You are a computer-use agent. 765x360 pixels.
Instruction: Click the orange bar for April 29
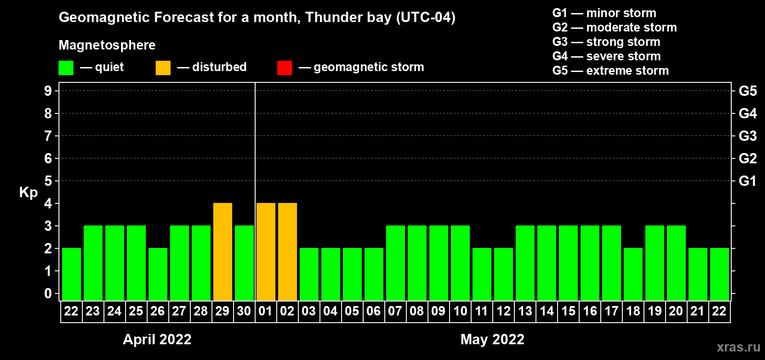(x=222, y=252)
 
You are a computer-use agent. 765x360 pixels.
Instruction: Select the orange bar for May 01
(x=265, y=252)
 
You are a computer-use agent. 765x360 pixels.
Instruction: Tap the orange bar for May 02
(x=287, y=252)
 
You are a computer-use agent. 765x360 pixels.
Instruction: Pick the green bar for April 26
(x=157, y=274)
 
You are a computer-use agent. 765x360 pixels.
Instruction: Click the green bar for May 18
(x=633, y=274)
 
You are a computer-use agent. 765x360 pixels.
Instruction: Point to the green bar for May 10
(x=460, y=263)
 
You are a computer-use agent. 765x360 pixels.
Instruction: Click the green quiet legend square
(x=66, y=68)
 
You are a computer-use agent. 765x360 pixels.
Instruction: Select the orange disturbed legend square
(x=163, y=68)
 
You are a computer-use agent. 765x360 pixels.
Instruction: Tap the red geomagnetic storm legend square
(x=284, y=68)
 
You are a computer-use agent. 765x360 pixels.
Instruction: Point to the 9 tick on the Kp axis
(x=48, y=91)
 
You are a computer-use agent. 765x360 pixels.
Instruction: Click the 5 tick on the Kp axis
(x=48, y=181)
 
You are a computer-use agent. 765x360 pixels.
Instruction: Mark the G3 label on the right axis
(x=747, y=136)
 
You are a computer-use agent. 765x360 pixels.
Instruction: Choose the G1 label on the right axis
(x=747, y=181)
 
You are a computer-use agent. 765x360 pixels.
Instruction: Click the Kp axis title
(x=28, y=193)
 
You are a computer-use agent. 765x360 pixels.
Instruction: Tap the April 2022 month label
(x=157, y=339)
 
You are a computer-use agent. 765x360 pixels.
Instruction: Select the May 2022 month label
(x=492, y=339)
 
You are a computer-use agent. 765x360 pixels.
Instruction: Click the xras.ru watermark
(x=738, y=347)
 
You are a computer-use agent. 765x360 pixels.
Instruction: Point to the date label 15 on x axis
(x=568, y=311)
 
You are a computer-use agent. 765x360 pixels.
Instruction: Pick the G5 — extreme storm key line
(x=610, y=71)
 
